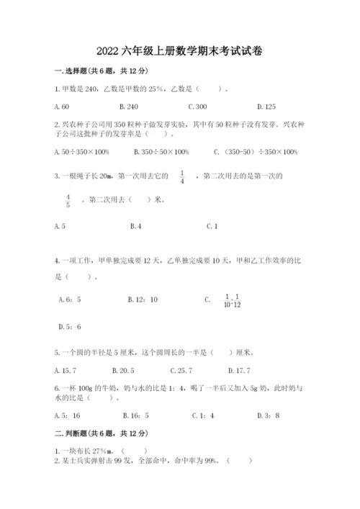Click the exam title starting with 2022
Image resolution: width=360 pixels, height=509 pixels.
[180, 51]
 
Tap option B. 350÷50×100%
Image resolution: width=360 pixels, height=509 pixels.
[161, 151]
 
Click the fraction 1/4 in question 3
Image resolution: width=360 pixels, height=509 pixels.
[182, 176]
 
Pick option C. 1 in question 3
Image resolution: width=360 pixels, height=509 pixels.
[212, 226]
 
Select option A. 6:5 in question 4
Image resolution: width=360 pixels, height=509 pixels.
[69, 299]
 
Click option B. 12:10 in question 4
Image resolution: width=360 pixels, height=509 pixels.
[142, 299]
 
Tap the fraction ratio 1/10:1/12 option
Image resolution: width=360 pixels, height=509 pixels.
[230, 299]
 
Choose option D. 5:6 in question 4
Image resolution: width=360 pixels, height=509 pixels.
[69, 327]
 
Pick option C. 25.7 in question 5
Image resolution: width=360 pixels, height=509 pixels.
[181, 371]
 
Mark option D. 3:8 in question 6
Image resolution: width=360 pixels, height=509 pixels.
[268, 415]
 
